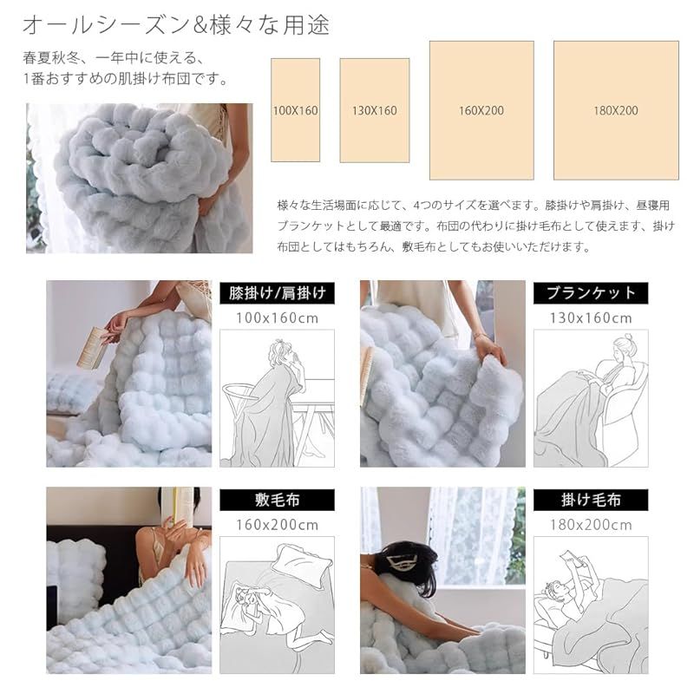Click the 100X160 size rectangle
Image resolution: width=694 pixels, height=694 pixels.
[296, 110]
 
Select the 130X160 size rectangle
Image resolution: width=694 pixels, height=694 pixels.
[374, 110]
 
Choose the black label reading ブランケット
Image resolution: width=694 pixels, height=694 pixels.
[590, 292]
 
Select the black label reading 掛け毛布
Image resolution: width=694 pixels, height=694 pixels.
[590, 500]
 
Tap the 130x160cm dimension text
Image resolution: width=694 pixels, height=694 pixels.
[590, 318]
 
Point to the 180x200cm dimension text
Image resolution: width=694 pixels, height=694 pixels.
[590, 525]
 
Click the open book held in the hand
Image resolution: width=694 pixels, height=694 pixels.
[92, 347]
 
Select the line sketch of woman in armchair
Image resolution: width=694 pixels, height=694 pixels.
[590, 395]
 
